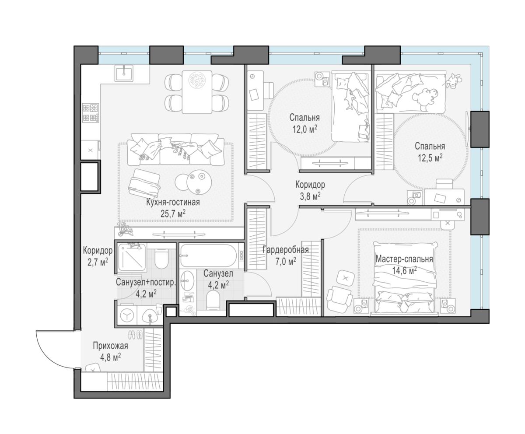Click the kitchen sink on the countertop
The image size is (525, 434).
click(124, 73)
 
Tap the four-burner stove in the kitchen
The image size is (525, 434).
click(91, 113)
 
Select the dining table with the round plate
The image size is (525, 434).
click(197, 92)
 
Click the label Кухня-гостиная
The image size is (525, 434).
click(173, 202)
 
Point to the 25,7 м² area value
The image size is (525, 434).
click(173, 214)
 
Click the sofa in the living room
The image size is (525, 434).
click(176, 149)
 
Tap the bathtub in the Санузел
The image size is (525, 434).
click(208, 255)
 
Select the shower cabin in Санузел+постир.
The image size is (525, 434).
click(132, 257)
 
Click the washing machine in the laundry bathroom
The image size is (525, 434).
click(127, 315)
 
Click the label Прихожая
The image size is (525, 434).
click(110, 346)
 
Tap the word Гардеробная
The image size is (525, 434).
click(286, 250)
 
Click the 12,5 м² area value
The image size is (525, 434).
click(430, 158)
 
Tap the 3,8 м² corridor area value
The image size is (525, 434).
click(310, 196)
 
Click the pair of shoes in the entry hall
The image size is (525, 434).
click(135, 335)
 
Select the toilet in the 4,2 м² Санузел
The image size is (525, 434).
click(213, 301)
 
